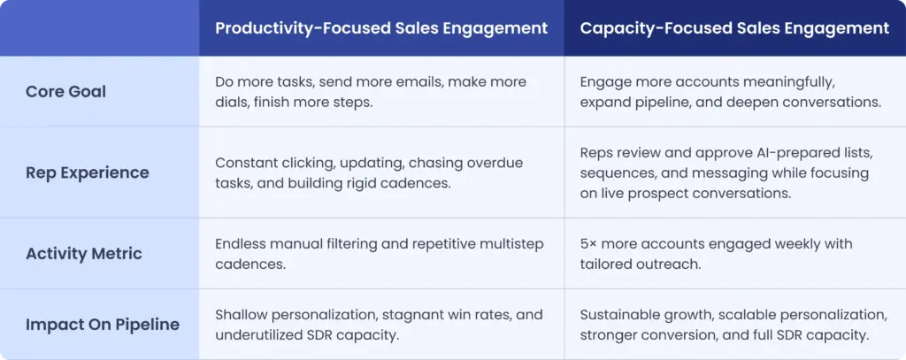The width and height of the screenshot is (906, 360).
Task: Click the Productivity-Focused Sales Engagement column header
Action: coord(381,28)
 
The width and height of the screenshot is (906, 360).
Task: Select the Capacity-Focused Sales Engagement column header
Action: coord(734,28)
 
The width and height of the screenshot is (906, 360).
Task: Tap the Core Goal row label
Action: coord(65,92)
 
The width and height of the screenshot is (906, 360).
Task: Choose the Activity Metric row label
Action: coord(83,253)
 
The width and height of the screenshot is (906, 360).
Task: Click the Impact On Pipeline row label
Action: coord(103,324)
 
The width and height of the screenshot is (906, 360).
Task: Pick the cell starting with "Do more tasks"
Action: coord(371,92)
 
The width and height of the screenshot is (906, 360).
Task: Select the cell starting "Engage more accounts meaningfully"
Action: coord(730,92)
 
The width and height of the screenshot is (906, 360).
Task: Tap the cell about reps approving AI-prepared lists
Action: coord(725,172)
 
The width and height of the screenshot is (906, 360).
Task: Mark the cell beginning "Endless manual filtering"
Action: coord(380,253)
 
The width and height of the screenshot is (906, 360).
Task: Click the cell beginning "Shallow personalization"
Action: coord(379,324)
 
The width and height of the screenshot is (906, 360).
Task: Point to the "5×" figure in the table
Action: coord(589,243)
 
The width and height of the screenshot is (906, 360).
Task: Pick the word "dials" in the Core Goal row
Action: coord(233,102)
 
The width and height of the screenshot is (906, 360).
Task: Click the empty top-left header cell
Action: coord(99,28)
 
